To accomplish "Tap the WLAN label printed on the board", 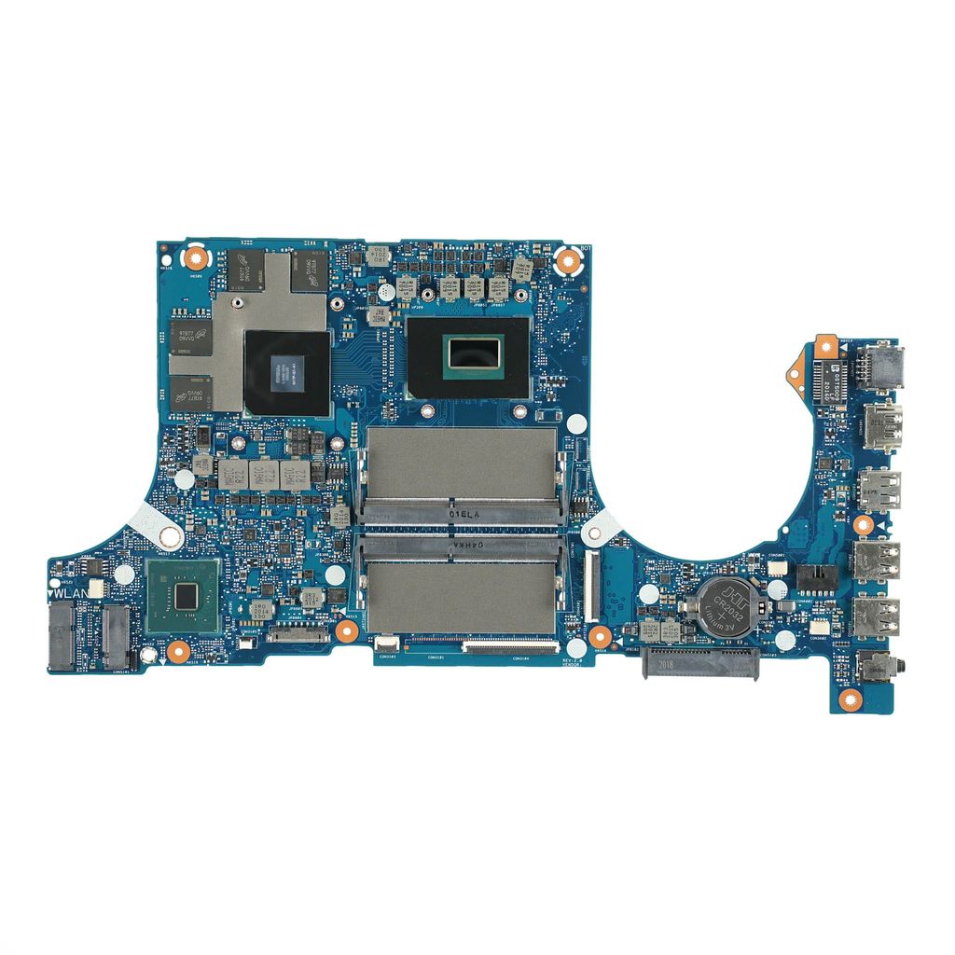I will click(x=71, y=591).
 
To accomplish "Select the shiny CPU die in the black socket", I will click(x=471, y=354).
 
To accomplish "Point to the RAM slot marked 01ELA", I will click(x=463, y=476).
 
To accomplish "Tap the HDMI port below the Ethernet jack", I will click(x=881, y=425).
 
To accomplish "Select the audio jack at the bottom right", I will click(x=875, y=669).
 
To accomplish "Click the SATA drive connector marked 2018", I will click(x=700, y=665).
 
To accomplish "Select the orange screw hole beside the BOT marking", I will click(x=568, y=261).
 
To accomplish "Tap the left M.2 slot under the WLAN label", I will click(x=62, y=636).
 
